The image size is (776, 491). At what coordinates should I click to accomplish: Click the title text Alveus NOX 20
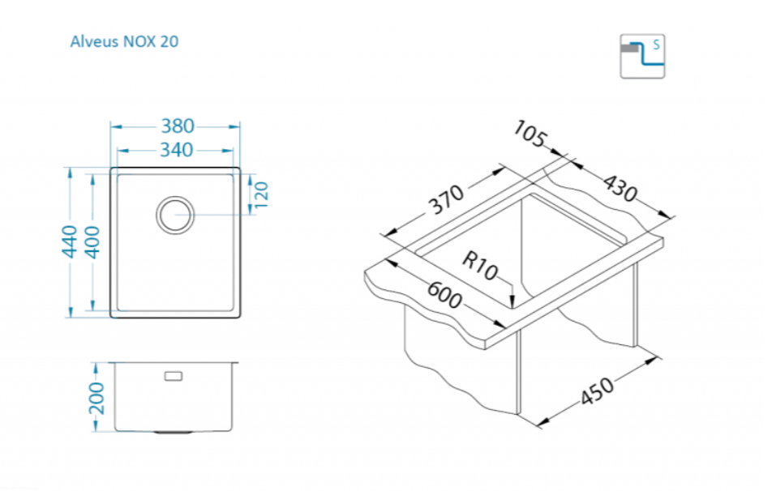[124, 41]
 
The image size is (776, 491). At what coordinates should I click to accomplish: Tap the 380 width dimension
[178, 126]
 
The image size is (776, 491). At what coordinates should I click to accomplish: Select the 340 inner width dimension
[176, 150]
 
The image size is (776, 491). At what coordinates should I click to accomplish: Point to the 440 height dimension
[70, 241]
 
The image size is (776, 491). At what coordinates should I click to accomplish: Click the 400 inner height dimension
[92, 242]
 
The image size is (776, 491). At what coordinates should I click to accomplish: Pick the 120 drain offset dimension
[261, 194]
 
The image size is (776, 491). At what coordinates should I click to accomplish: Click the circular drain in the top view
[175, 215]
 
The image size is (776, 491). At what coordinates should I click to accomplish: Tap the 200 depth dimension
[96, 398]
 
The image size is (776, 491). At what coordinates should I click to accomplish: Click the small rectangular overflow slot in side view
[174, 376]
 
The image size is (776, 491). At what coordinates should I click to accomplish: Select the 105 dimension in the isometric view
[530, 134]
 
